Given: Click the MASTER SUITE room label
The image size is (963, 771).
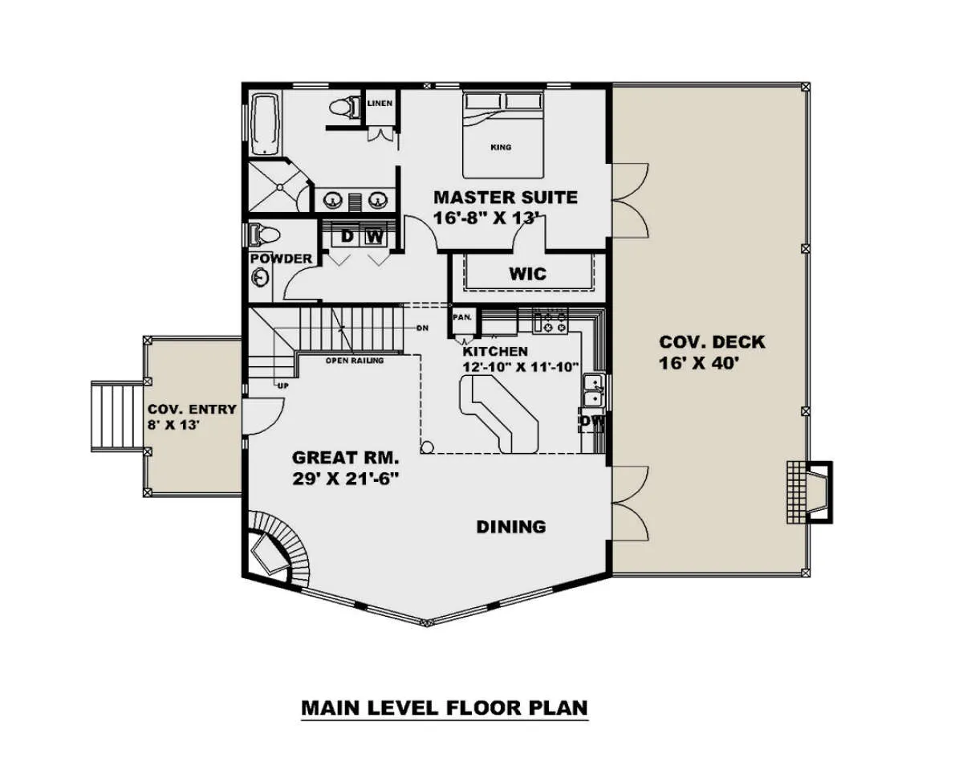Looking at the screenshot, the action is point(506,198).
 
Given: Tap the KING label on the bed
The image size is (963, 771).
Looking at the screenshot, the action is point(501,148).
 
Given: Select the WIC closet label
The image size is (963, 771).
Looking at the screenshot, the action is point(527,274).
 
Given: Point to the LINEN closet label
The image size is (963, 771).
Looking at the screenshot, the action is point(380,103).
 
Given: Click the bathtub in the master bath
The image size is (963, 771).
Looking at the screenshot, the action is point(266,123).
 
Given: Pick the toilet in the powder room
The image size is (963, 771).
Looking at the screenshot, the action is point(264,235).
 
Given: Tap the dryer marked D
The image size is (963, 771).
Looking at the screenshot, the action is point(347,236).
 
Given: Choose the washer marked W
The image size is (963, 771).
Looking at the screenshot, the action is point(375,236).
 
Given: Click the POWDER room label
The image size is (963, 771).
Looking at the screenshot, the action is point(281,259).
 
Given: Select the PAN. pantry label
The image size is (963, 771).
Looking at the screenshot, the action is point(462,317).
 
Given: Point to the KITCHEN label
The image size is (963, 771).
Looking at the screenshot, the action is point(495,351).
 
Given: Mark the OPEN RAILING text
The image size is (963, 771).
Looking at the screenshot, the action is point(355,360).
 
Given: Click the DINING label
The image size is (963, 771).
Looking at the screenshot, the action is point(511,527).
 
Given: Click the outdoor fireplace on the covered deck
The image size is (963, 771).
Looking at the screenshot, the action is point(810,492).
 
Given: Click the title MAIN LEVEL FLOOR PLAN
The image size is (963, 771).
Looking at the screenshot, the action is point(445,708).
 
